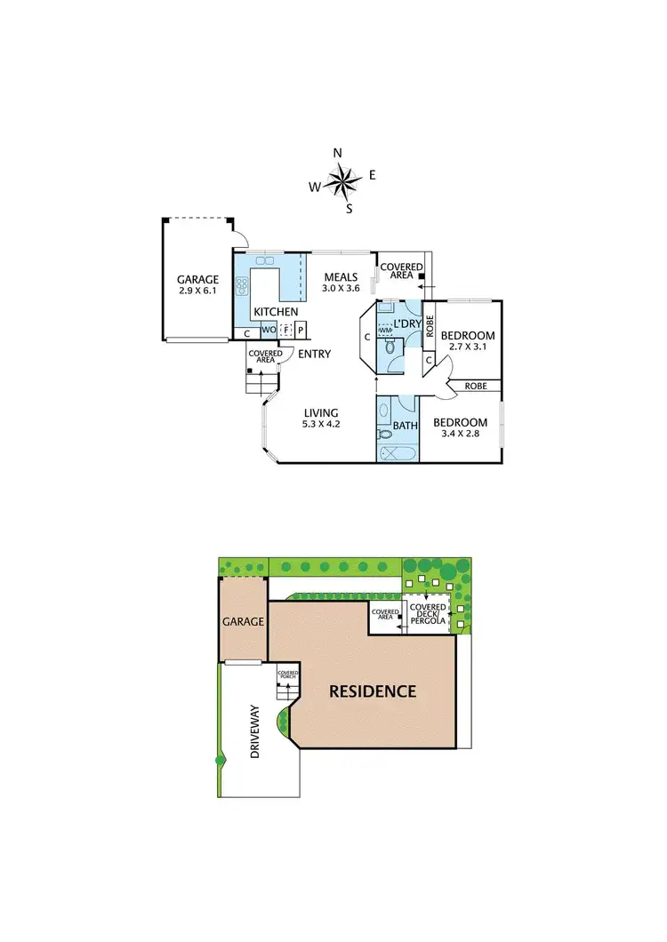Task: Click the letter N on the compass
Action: (338, 153)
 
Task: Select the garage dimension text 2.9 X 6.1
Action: (197, 291)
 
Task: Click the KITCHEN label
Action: (276, 312)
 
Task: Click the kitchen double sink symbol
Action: (265, 261)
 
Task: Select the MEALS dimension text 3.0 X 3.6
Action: (341, 288)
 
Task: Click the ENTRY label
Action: (315, 354)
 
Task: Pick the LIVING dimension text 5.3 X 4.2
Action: (321, 425)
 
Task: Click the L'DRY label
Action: (406, 323)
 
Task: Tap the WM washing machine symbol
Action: (385, 331)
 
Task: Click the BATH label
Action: (406, 427)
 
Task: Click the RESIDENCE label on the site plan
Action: (373, 691)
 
